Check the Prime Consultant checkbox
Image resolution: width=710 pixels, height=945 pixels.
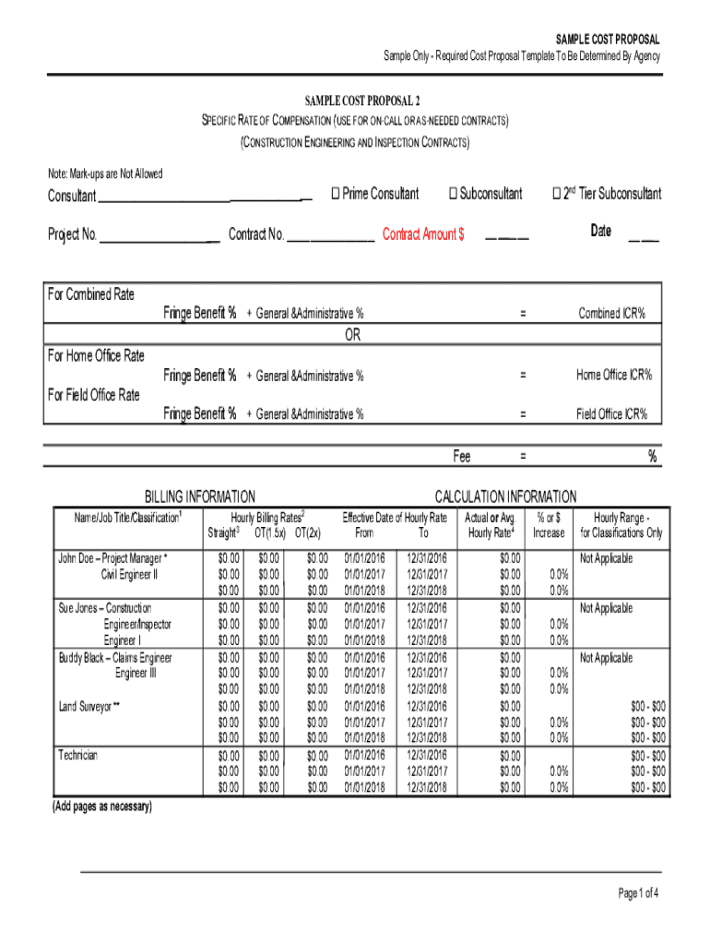(336, 194)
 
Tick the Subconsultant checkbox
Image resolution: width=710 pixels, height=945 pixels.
(454, 194)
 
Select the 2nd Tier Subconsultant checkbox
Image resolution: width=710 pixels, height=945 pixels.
(556, 194)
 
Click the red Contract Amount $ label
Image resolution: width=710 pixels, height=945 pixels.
(423, 234)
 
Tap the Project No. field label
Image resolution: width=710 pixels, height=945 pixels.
(72, 234)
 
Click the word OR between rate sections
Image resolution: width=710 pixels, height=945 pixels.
(353, 335)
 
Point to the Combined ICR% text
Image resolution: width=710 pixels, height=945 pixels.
(611, 314)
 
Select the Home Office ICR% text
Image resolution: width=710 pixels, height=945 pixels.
(614, 375)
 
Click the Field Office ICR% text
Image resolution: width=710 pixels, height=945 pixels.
(612, 414)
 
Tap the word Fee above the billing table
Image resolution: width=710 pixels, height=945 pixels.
(461, 456)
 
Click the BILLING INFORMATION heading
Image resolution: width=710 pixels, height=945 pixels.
(200, 496)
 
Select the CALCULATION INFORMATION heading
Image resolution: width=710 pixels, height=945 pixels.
(505, 496)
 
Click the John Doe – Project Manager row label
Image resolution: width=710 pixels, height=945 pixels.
(113, 558)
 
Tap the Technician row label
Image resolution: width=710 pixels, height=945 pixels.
(78, 755)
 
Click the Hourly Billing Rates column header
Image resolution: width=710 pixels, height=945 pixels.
(267, 518)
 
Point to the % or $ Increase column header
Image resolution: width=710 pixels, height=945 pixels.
(548, 525)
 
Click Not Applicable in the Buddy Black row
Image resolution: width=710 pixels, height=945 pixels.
(606, 658)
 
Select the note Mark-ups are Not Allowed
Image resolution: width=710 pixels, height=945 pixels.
(105, 173)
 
